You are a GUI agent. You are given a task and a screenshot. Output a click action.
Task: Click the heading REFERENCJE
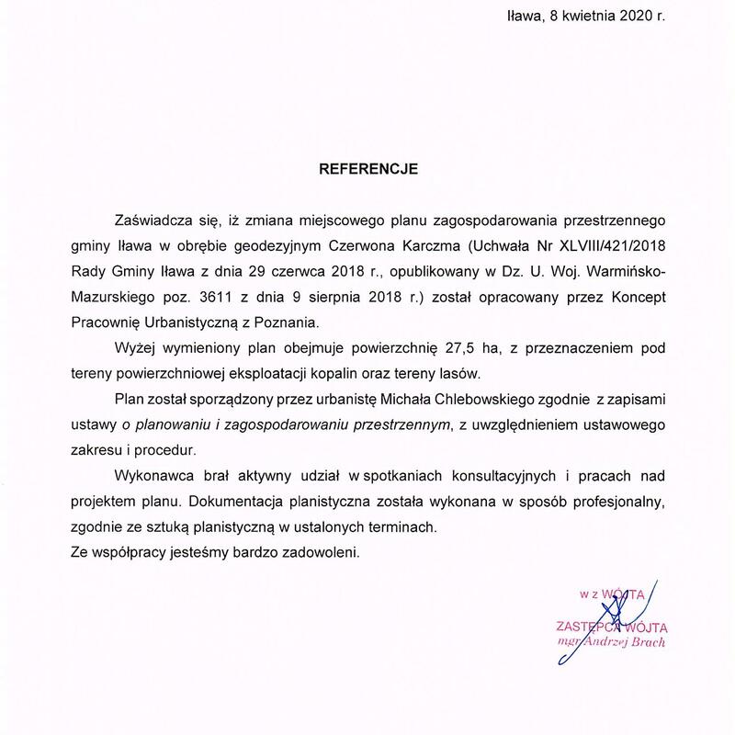click(367, 169)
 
